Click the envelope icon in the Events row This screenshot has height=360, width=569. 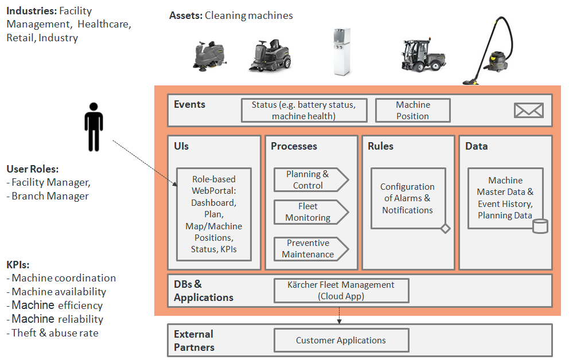(528, 110)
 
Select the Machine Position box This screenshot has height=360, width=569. (412, 110)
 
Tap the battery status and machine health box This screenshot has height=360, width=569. (304, 110)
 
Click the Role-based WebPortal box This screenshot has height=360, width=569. (213, 214)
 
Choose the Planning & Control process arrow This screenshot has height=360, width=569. (310, 179)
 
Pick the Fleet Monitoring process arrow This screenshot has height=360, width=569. (310, 212)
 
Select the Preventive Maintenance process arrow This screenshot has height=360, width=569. (310, 248)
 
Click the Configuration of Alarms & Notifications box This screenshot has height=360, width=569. (407, 198)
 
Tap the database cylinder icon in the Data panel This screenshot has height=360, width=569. (540, 226)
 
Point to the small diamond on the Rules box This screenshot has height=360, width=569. (445, 229)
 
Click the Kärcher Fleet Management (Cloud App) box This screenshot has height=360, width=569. (341, 290)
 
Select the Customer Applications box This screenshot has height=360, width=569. (341, 340)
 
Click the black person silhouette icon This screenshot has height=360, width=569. (94, 127)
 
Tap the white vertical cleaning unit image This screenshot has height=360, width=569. (343, 52)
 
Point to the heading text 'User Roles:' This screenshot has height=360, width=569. (33, 169)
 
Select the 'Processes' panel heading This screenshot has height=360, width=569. (294, 146)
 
